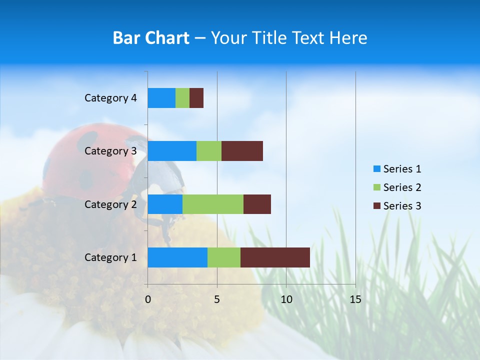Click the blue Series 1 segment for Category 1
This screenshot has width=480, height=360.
click(177, 257)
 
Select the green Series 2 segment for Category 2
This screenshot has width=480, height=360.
click(213, 204)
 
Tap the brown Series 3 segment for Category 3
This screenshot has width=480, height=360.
click(242, 151)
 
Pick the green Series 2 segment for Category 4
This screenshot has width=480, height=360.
click(182, 98)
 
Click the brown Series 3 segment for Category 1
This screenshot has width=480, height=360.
click(275, 257)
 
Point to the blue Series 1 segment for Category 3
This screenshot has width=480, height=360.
click(172, 151)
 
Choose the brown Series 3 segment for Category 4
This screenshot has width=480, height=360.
click(196, 98)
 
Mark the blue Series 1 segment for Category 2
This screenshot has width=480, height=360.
click(165, 204)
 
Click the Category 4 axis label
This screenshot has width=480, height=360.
click(110, 98)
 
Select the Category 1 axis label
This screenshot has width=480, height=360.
click(110, 257)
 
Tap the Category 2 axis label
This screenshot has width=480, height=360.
click(110, 204)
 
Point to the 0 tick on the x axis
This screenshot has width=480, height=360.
click(148, 299)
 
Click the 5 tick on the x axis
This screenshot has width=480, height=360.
click(217, 299)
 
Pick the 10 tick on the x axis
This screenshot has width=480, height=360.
click(286, 299)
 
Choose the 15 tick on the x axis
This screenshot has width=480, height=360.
click(355, 299)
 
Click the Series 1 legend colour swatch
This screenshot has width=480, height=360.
click(376, 169)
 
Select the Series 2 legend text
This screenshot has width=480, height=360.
click(402, 187)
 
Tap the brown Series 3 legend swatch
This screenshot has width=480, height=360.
click(376, 206)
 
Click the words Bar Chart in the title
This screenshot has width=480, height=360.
click(151, 38)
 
